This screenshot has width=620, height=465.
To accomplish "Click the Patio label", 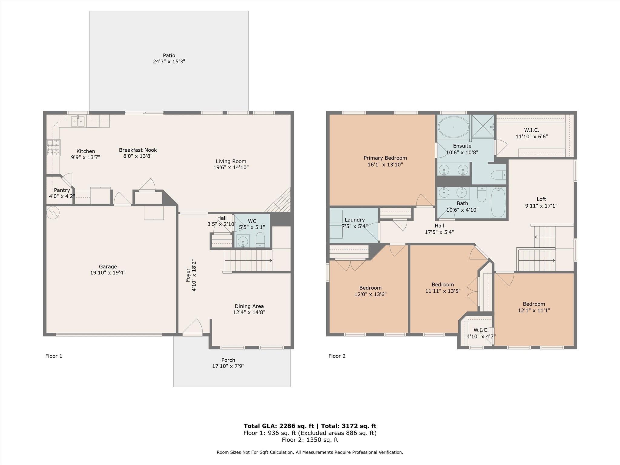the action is (x=169, y=55).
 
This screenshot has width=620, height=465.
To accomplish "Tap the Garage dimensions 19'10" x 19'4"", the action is (x=108, y=272).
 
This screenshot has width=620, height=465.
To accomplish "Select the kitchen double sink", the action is (x=78, y=121).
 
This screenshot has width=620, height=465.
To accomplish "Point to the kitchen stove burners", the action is (x=53, y=147).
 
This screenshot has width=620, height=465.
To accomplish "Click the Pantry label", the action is (x=62, y=190).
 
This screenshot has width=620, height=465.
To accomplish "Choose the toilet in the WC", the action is (x=260, y=240).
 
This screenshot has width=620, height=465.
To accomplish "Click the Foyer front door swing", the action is (x=193, y=327).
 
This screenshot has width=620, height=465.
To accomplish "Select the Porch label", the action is (x=228, y=360).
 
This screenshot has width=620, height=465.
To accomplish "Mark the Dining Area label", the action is (x=249, y=306).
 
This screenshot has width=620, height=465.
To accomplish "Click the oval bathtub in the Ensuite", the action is (x=453, y=127).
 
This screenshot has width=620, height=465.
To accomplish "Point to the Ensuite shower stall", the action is (x=483, y=126).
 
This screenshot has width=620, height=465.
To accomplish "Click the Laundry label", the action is (x=355, y=220).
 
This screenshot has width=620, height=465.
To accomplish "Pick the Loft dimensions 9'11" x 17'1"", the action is (x=541, y=206).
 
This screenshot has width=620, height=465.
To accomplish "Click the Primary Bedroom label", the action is (x=385, y=158).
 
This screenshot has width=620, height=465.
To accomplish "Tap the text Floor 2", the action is (x=337, y=356).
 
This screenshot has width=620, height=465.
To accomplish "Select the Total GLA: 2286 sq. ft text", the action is (x=279, y=426).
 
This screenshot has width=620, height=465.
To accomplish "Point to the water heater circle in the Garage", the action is (x=53, y=212).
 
